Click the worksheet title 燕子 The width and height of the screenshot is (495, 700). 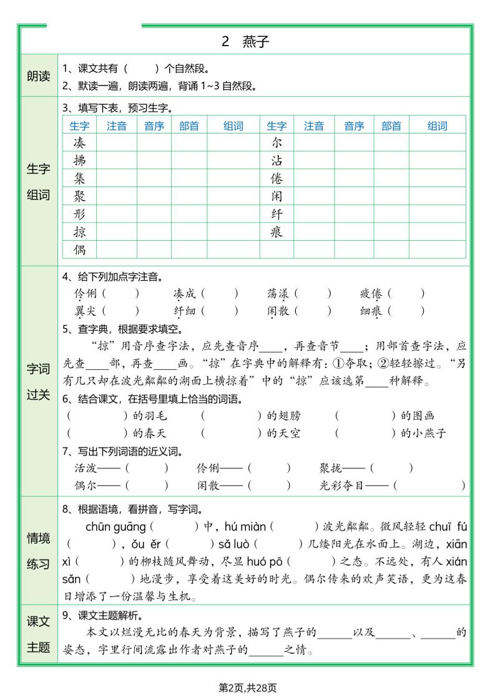(255, 42)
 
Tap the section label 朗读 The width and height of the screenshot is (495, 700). (38, 76)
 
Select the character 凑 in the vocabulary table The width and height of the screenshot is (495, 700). (79, 143)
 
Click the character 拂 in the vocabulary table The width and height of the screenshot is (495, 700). (79, 160)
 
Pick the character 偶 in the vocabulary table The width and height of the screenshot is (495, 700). (79, 250)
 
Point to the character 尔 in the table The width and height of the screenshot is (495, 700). (277, 143)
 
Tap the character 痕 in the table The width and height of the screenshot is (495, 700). (277, 232)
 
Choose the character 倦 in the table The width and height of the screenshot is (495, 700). (277, 178)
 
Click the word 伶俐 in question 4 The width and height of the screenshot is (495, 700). (86, 293)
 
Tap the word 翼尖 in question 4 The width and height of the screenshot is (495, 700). (86, 310)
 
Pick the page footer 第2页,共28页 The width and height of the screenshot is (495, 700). (247, 688)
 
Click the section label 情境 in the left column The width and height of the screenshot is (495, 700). (38, 538)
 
